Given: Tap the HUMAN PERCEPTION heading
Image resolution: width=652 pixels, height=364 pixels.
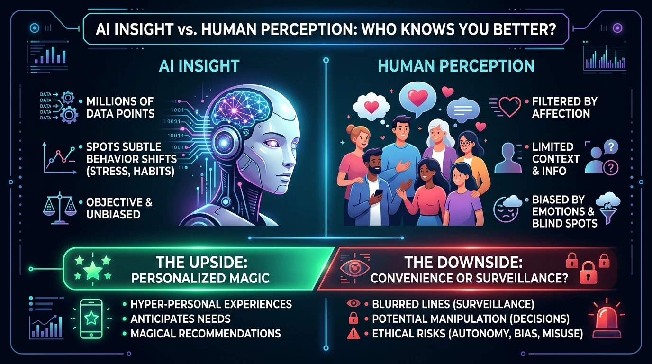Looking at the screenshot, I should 456,66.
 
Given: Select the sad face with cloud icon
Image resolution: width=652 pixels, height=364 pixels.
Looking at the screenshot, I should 506,209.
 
